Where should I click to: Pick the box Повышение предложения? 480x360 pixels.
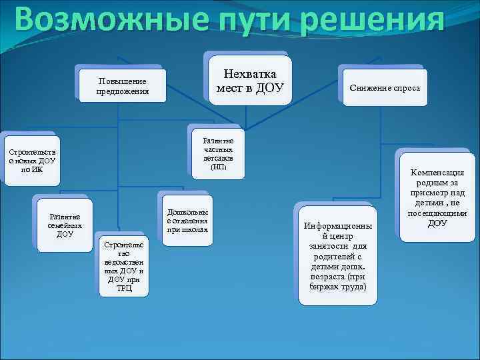[122, 85]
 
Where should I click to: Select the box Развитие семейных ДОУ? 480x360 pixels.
[65, 225]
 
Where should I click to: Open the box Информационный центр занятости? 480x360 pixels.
[337, 256]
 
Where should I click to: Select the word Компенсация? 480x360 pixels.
[437, 172]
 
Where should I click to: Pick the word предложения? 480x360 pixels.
[122, 91]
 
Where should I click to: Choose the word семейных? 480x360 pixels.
[65, 225]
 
